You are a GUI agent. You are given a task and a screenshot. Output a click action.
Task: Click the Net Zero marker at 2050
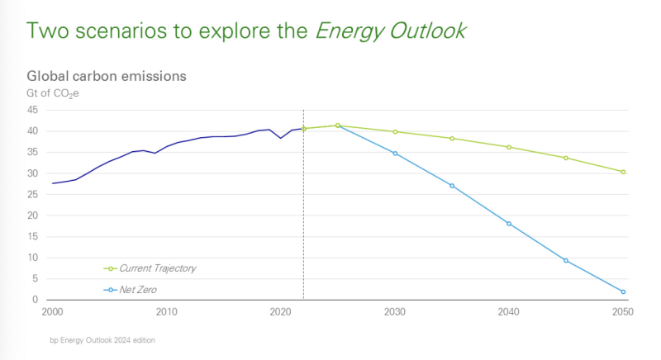point(623,291)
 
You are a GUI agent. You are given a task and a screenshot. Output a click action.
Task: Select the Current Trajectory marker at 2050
point(623,172)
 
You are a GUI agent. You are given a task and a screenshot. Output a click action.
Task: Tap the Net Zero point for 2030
point(395,154)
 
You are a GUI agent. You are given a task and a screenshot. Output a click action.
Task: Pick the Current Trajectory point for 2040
point(509,147)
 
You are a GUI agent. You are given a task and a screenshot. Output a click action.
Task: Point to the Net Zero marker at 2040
point(509,224)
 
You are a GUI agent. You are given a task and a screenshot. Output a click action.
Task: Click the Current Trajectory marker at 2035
point(452,138)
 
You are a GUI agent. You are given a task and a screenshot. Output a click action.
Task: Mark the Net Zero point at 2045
point(566,260)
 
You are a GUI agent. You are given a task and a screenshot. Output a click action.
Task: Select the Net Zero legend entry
point(137,290)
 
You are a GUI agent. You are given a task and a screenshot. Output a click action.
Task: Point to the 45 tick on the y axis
point(33,110)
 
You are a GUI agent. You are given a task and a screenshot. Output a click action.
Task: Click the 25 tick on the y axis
point(33,195)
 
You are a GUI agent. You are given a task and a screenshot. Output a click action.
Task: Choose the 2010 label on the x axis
point(166,312)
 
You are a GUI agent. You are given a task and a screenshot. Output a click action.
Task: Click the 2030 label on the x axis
point(395,312)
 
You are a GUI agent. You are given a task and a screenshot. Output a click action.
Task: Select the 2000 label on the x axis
point(52,312)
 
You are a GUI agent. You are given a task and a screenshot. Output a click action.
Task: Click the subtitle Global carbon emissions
point(107,75)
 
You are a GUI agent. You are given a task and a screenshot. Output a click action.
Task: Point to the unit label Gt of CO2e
point(53,92)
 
